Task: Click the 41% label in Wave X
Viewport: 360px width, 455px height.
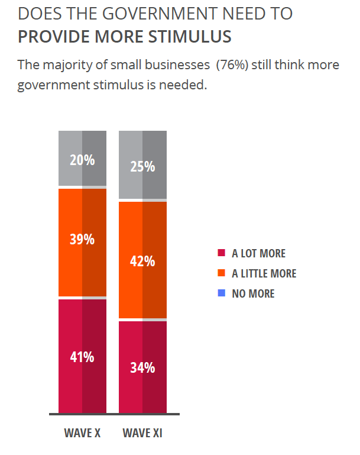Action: (x=82, y=357)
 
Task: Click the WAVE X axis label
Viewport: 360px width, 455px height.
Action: (x=82, y=433)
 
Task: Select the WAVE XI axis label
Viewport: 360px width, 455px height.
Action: (x=142, y=433)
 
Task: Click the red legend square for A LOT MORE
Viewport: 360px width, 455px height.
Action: (x=222, y=253)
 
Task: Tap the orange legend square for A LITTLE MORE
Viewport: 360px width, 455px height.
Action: (x=222, y=273)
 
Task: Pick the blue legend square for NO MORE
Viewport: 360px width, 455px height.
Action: (x=222, y=293)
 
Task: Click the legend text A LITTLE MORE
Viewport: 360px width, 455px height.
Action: (x=264, y=273)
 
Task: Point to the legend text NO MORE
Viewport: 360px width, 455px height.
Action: (x=253, y=293)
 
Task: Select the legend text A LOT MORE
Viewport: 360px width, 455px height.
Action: (x=258, y=253)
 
